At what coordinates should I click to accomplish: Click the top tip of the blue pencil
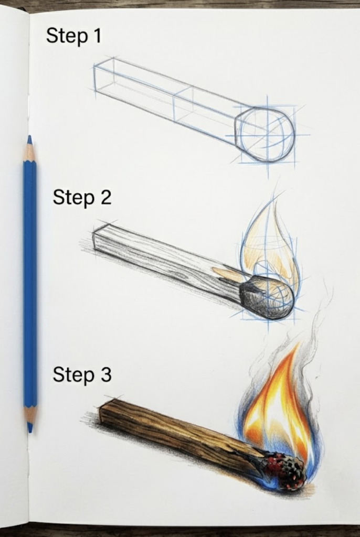29,138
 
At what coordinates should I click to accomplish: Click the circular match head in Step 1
265,134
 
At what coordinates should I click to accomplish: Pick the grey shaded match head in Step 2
268,297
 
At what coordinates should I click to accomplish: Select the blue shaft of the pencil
30,283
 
